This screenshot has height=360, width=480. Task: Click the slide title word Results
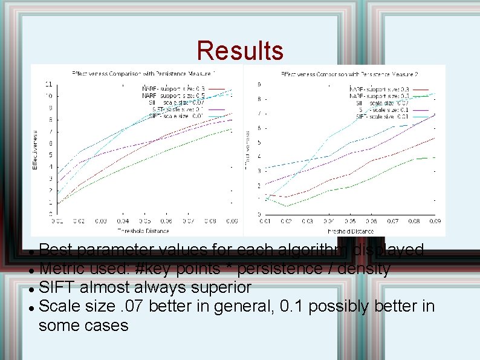tap(240, 51)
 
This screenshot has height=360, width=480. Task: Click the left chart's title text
tap(143, 73)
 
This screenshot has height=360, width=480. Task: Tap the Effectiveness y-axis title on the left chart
tap(35, 149)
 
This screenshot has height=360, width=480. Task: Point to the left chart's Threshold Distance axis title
tap(143, 231)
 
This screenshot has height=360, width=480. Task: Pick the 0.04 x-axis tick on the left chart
tap(123, 221)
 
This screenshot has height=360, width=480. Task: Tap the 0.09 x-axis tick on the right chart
tap(434, 221)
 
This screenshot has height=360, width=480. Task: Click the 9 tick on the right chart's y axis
tap(259, 85)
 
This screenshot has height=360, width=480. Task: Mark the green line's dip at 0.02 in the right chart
tap(287, 206)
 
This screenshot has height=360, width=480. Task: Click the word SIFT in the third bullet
tap(55, 286)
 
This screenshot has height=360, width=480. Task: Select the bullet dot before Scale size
tap(31, 307)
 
